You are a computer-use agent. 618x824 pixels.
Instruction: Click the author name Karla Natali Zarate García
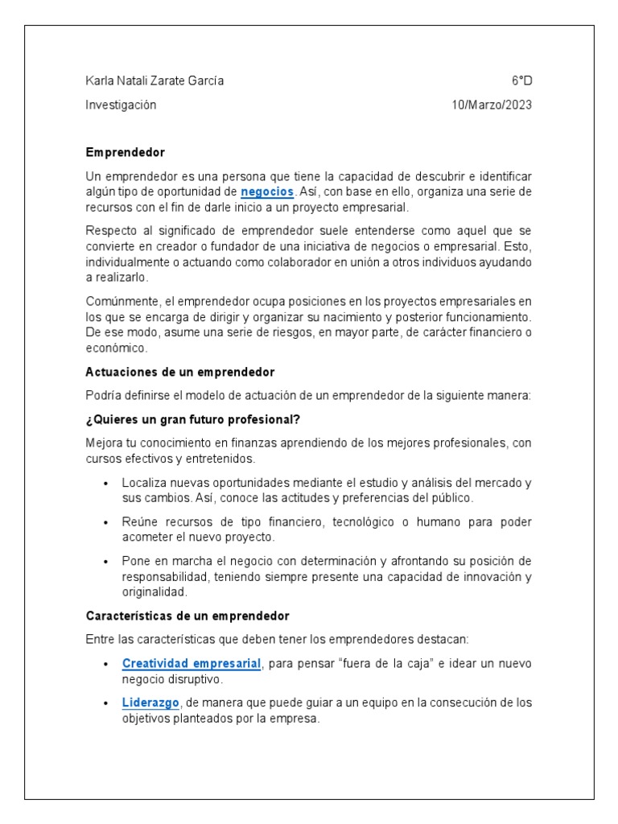click(154, 80)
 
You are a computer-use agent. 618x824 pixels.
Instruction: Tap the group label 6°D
click(521, 80)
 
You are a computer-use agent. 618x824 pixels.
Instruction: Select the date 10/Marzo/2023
click(492, 105)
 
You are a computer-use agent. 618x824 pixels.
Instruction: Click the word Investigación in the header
click(121, 105)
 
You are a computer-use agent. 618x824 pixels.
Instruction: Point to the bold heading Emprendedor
click(125, 152)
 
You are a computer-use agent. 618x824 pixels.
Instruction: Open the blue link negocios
click(268, 192)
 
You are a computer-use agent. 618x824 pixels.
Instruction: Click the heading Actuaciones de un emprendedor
click(180, 373)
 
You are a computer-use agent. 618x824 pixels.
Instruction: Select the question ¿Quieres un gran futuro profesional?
click(193, 419)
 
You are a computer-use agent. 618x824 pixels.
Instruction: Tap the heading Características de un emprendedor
click(187, 616)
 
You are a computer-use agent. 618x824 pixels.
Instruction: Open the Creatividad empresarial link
click(192, 664)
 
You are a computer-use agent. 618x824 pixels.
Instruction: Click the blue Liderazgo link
click(150, 702)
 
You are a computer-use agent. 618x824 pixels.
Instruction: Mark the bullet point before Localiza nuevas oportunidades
click(106, 483)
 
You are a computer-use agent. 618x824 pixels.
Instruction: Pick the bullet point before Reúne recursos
click(106, 522)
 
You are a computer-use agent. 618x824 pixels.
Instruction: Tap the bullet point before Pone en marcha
click(106, 561)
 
